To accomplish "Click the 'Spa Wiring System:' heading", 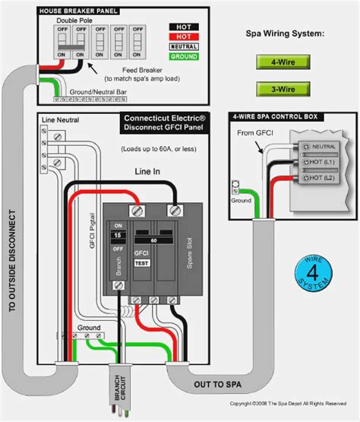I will tap(286, 35).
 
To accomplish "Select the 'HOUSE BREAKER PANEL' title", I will tap(84, 10).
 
